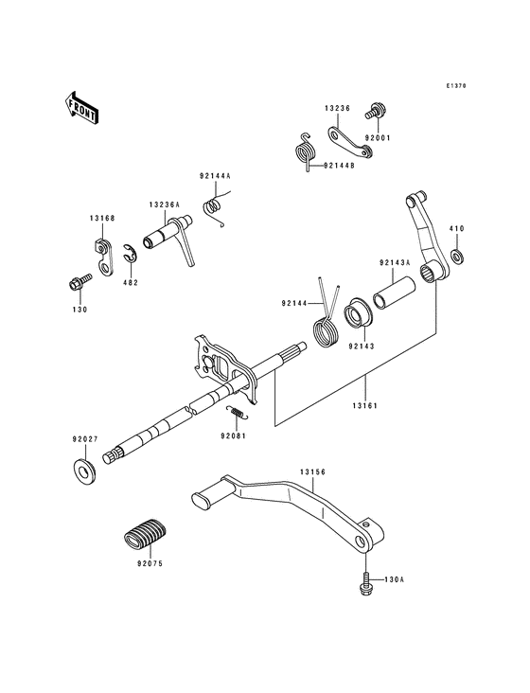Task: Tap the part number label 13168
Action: click(102, 218)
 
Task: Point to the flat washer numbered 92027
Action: click(85, 470)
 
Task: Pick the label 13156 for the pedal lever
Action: click(313, 471)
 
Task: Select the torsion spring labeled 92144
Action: click(327, 329)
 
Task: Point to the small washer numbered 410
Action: click(457, 258)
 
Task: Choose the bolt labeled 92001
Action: click(374, 112)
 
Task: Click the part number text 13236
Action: click(338, 108)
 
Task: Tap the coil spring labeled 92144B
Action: click(303, 150)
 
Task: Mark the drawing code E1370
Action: click(458, 86)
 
